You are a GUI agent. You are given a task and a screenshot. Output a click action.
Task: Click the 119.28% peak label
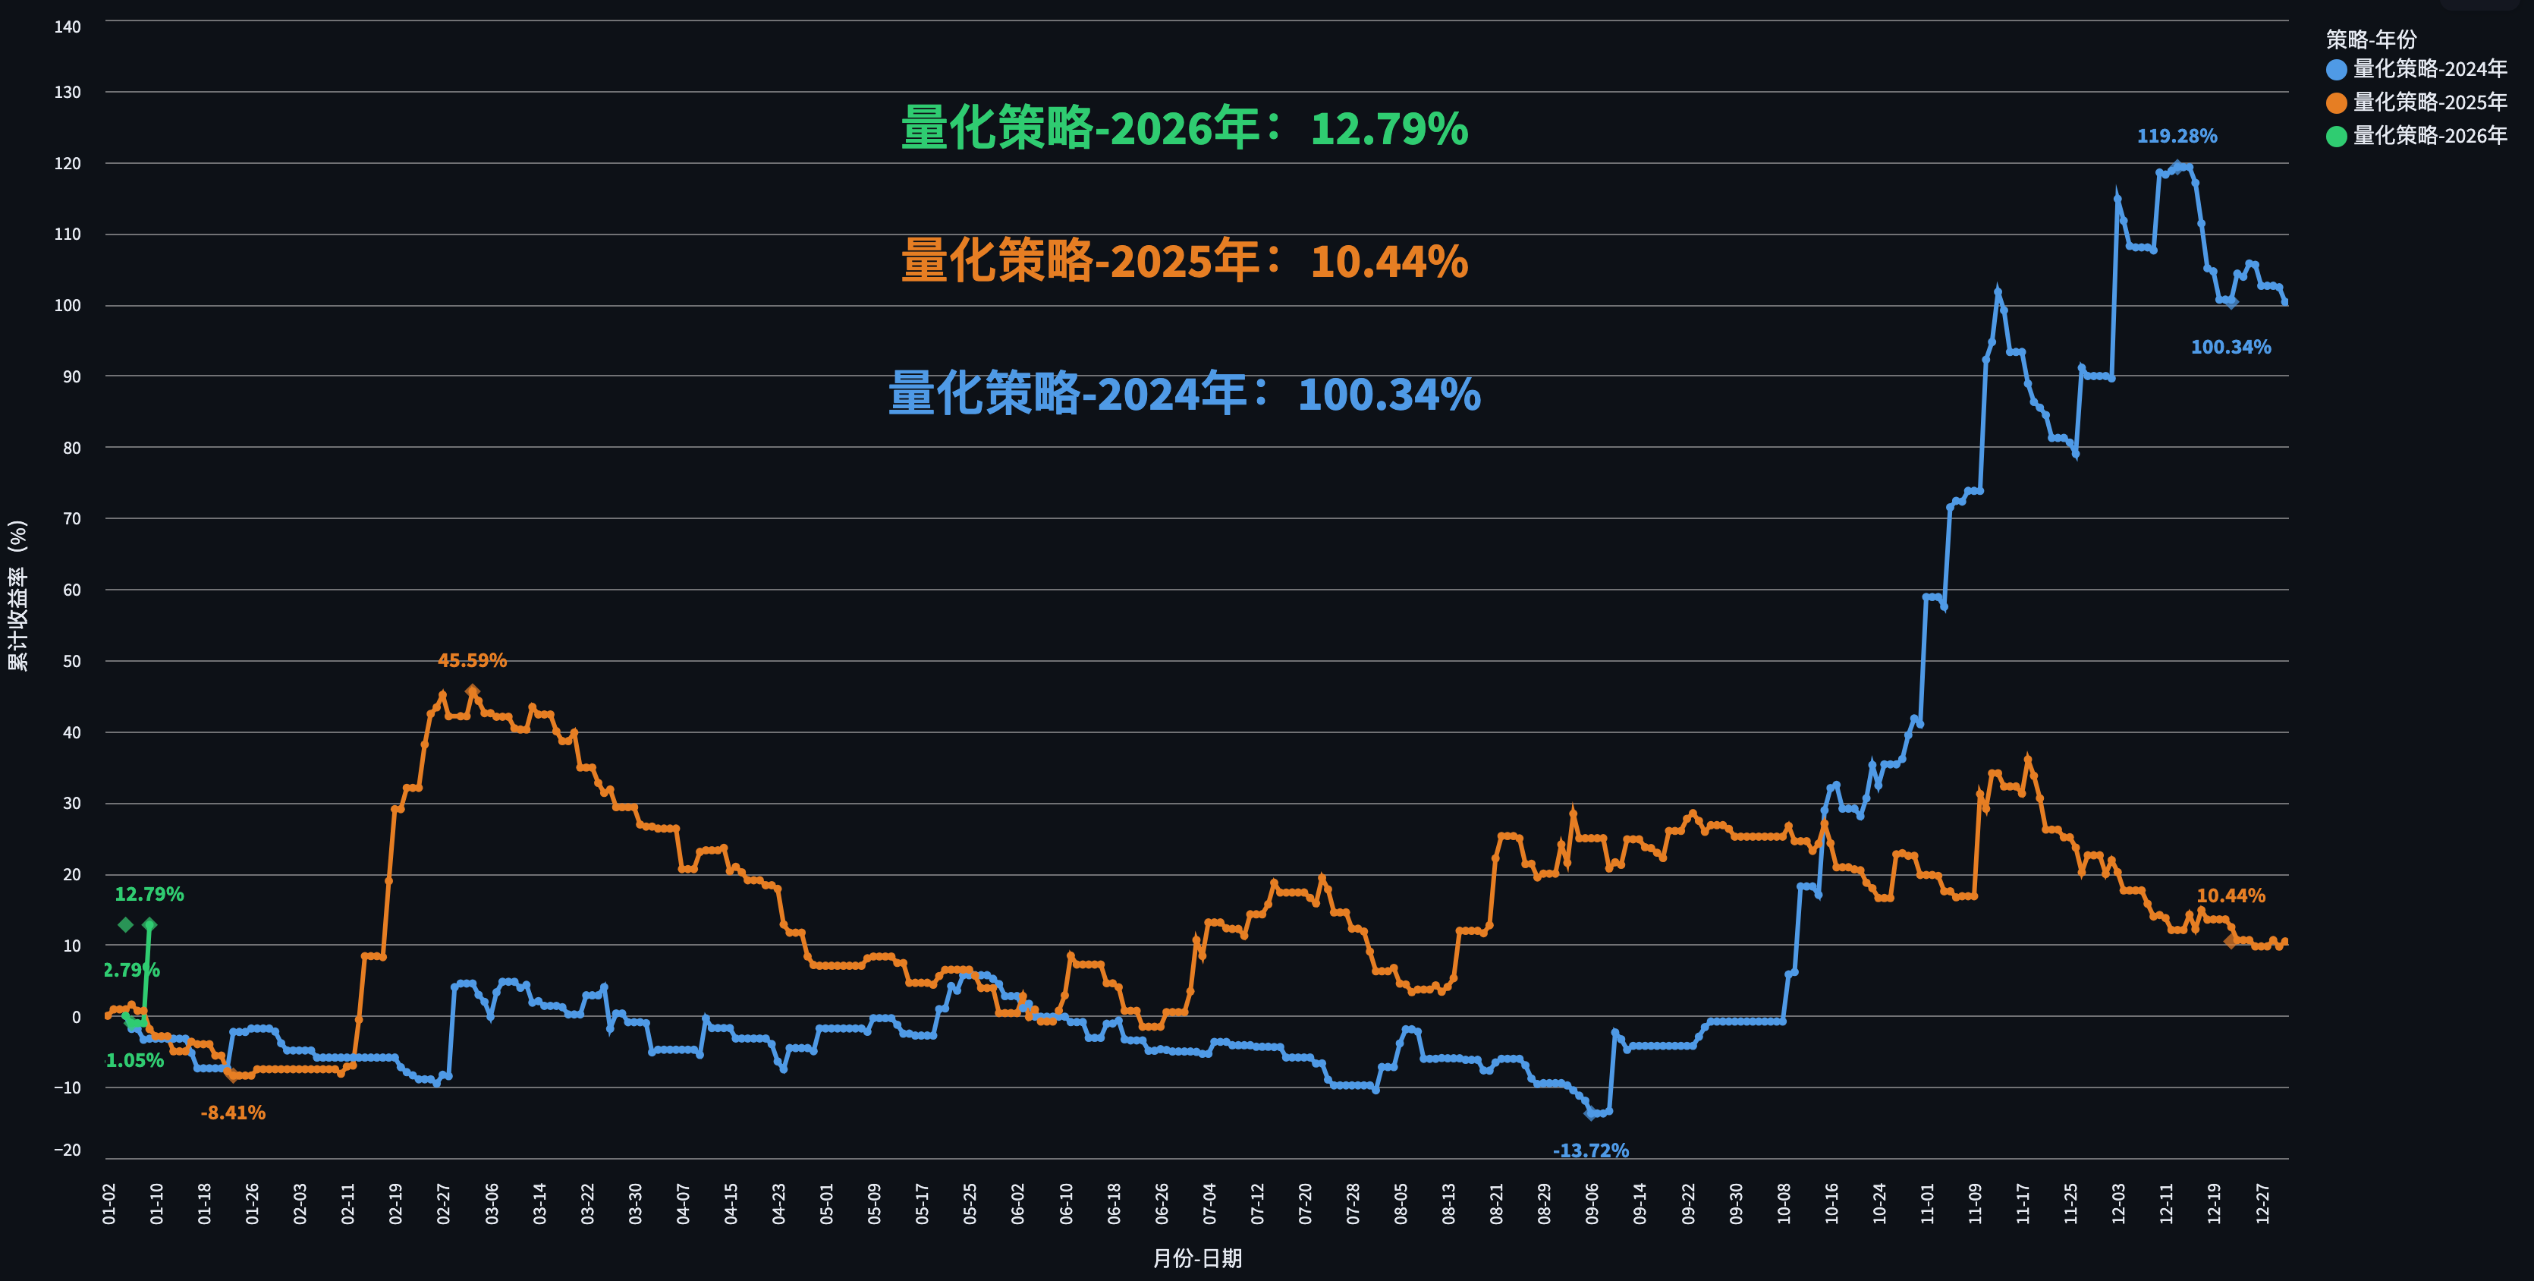[x=2176, y=136]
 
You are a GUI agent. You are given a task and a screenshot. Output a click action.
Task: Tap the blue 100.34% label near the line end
[x=2230, y=348]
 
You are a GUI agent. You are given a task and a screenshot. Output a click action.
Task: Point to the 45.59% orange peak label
[x=472, y=660]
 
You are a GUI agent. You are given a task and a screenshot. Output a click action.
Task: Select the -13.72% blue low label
[x=1591, y=1150]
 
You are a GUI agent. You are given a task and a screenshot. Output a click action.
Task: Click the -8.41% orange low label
[x=233, y=1113]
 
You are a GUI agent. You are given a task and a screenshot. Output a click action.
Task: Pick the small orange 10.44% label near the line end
[x=2230, y=895]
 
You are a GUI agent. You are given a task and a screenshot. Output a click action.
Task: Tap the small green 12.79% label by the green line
[x=149, y=894]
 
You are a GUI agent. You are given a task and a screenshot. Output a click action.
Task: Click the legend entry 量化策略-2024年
[x=2429, y=69]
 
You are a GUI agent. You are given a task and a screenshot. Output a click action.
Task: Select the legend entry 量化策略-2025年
[x=2429, y=102]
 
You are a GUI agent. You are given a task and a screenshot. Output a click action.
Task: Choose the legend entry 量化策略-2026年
[x=2429, y=136]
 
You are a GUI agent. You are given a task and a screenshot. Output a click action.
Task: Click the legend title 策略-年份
[x=2371, y=39]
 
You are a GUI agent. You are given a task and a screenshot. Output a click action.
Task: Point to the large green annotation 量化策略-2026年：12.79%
[x=1184, y=129]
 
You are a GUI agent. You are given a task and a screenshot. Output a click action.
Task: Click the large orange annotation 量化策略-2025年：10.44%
[x=1184, y=262]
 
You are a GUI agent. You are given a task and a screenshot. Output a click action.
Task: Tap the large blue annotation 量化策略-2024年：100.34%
[x=1184, y=395]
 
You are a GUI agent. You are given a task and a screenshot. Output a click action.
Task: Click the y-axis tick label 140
[x=68, y=27]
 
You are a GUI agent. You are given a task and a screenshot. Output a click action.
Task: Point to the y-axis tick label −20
[x=68, y=1150]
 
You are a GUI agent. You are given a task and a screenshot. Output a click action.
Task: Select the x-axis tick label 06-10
[x=1066, y=1204]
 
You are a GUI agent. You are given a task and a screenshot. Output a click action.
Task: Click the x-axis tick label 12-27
[x=2262, y=1204]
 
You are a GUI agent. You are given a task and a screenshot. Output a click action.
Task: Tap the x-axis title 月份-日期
[x=1197, y=1258]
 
